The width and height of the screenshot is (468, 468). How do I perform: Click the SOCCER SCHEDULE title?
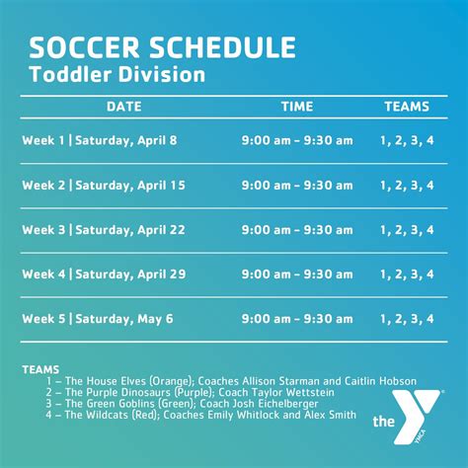pos(163,47)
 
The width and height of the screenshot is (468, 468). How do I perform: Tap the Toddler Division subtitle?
pos(117,74)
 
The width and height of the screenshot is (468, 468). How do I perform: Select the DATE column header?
pos(124,107)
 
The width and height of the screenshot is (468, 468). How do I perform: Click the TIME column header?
pos(297,107)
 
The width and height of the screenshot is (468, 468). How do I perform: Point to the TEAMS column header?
pos(407,107)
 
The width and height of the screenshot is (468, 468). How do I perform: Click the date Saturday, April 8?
pos(126,141)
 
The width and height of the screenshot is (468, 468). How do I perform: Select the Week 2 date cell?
pos(104,186)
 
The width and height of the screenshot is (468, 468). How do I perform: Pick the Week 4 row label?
pos(43,274)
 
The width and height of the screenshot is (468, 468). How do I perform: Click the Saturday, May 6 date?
pos(124,319)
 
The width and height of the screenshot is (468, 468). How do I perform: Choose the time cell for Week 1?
pos(297,140)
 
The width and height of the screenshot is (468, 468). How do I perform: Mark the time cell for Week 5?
pos(297,319)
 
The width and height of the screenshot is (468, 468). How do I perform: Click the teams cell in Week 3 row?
pos(407,230)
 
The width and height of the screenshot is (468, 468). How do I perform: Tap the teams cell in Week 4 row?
pos(407,274)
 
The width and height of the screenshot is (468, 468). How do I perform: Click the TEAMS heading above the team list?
pos(40,369)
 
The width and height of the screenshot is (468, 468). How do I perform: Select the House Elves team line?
pos(231,381)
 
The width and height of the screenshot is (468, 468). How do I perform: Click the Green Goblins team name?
pos(110,404)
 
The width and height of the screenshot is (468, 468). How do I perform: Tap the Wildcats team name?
pos(97,415)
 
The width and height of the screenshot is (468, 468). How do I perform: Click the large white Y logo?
pos(416,416)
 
